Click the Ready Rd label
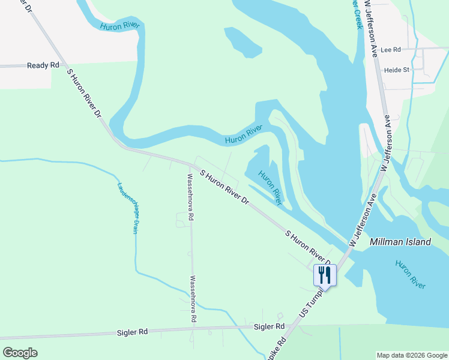(x=43, y=65)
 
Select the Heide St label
(x=396, y=70)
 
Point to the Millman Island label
(x=400, y=242)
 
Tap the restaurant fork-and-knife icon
(x=324, y=275)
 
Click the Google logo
(x=20, y=352)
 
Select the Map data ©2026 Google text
(x=412, y=355)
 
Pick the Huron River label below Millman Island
(x=411, y=275)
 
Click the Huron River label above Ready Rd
(x=120, y=26)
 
